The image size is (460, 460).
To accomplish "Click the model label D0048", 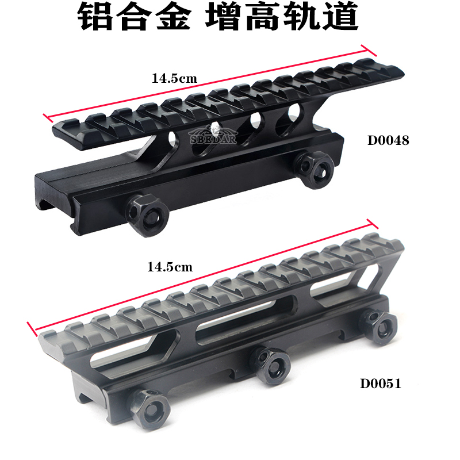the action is click(388, 140).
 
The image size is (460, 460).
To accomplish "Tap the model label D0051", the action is click(381, 384).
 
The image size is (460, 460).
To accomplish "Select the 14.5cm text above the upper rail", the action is click(174, 78).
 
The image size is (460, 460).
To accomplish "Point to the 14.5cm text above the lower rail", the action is click(170, 267).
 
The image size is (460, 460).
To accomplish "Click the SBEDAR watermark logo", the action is click(213, 136).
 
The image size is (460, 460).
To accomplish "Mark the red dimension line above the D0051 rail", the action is click(202, 277).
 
